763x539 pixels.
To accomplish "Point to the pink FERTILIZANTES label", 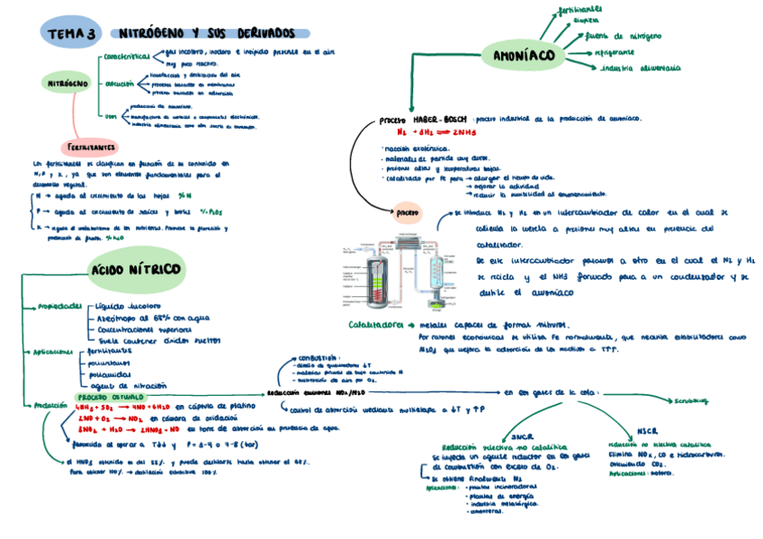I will click(90, 146).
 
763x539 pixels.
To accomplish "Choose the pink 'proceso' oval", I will click(407, 213).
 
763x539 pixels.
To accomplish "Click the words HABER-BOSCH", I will click(440, 119).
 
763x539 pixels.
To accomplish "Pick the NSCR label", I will click(647, 431).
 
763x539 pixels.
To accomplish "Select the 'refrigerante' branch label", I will click(619, 52).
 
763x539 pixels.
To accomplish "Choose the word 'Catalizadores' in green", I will click(376, 325).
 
